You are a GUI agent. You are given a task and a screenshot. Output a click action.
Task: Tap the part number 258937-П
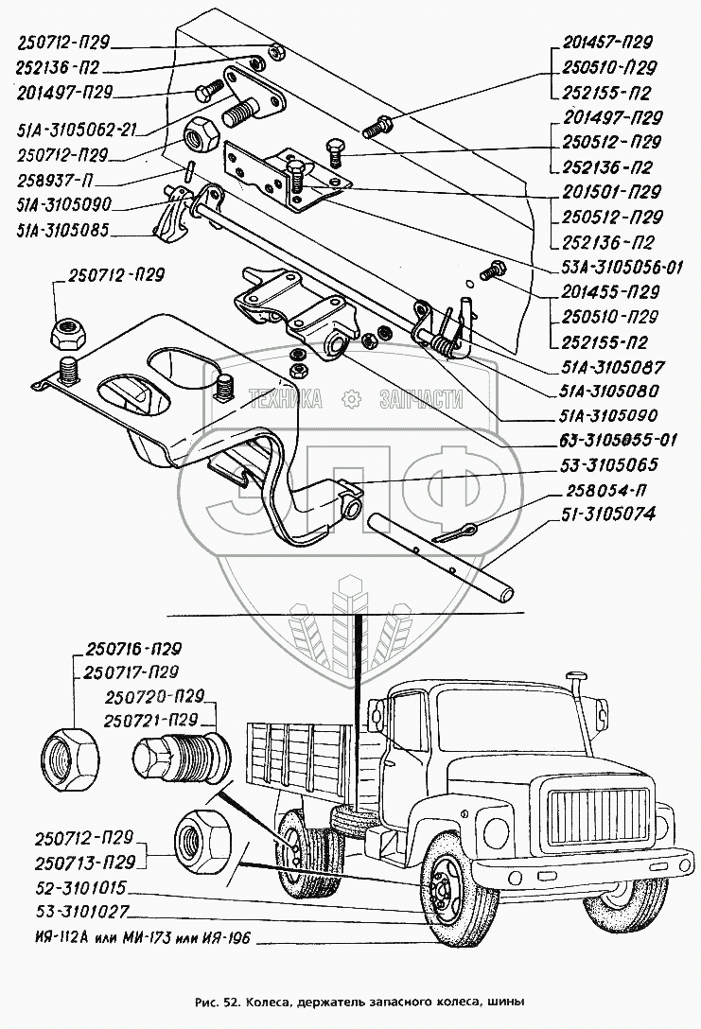click(x=56, y=180)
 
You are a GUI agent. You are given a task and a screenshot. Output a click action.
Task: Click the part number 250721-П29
click(x=157, y=719)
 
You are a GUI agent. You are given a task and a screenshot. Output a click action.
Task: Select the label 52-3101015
click(x=74, y=891)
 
